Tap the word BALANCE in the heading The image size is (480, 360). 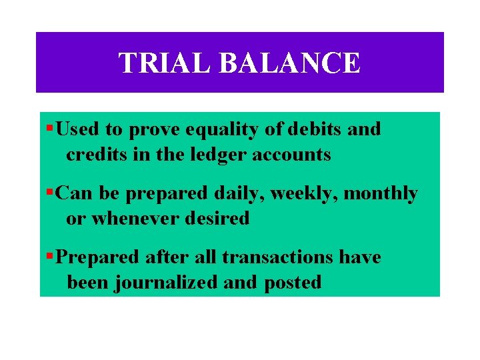pos(289,63)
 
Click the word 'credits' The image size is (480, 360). pos(94,155)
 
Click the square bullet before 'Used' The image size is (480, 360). pos(51,127)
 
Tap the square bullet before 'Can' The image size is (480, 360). pos(51,192)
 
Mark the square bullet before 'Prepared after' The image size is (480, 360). pos(51,255)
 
